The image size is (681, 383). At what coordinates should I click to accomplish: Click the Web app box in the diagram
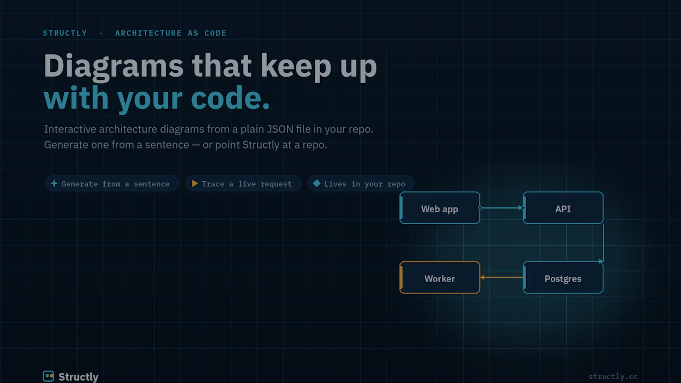pyautogui.click(x=440, y=208)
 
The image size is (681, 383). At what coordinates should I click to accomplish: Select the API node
pyautogui.click(x=563, y=208)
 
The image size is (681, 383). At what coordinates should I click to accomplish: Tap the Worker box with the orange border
pyautogui.click(x=440, y=277)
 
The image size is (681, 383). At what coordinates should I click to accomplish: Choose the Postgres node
pyautogui.click(x=563, y=277)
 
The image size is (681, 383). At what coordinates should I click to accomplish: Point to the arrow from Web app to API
pyautogui.click(x=501, y=208)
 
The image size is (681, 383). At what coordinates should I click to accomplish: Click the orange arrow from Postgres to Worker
pyautogui.click(x=501, y=277)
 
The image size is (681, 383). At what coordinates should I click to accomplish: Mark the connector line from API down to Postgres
pyautogui.click(x=603, y=243)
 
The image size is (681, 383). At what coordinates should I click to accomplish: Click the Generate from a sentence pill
pyautogui.click(x=112, y=184)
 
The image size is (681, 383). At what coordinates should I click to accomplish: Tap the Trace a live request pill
pyautogui.click(x=243, y=184)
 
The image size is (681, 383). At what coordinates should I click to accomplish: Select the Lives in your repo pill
pyautogui.click(x=360, y=184)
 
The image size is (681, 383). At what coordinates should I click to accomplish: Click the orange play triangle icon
pyautogui.click(x=195, y=183)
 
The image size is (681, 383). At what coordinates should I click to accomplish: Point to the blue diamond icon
pyautogui.click(x=316, y=183)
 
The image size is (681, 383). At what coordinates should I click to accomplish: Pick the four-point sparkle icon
pyautogui.click(x=54, y=183)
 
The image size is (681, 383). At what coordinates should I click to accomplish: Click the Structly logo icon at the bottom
pyautogui.click(x=48, y=377)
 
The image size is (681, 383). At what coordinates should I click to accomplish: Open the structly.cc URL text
pyautogui.click(x=613, y=377)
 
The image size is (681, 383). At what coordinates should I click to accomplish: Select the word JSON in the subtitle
pyautogui.click(x=280, y=129)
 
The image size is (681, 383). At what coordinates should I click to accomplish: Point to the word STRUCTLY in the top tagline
pyautogui.click(x=65, y=33)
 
